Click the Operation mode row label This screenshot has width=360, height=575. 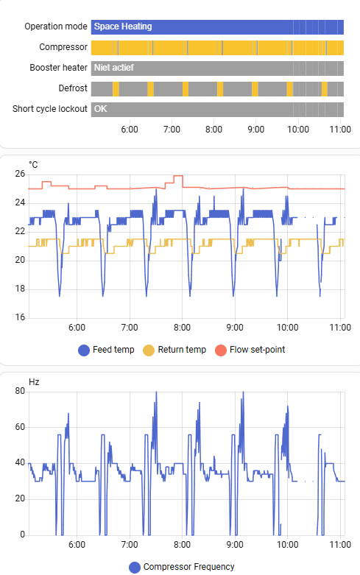[55, 27]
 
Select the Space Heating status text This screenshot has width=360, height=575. [123, 27]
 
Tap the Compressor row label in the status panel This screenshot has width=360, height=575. [63, 47]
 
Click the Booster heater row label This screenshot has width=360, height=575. [58, 68]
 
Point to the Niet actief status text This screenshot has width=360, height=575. [114, 68]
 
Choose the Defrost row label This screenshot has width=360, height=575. [73, 88]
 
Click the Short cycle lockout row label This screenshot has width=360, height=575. [50, 109]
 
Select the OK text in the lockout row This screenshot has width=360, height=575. [101, 109]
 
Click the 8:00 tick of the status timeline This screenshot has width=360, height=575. [213, 129]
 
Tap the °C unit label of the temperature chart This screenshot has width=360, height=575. [33, 163]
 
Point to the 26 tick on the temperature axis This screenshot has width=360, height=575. [20, 174]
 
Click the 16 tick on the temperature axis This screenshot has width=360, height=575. [20, 317]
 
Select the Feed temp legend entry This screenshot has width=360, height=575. [106, 350]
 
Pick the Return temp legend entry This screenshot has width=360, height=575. [174, 350]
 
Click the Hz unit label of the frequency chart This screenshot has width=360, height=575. [33, 381]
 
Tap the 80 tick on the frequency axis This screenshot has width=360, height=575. [20, 392]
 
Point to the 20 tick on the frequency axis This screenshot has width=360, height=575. [20, 499]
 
